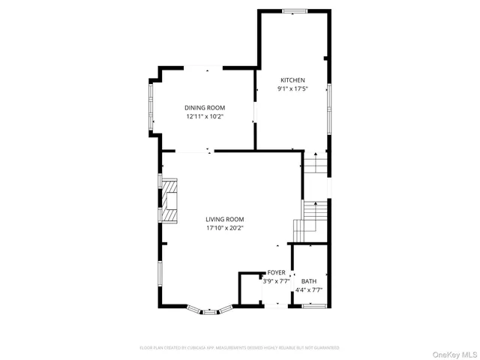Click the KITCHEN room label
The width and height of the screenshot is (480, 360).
pyautogui.click(x=292, y=80)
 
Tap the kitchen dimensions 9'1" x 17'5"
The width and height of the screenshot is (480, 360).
pyautogui.click(x=292, y=89)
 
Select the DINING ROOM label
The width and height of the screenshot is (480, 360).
pyautogui.click(x=205, y=108)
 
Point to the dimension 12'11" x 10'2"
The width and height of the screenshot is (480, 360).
pyautogui.click(x=205, y=117)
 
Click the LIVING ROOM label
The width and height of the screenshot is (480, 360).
pyautogui.click(x=225, y=219)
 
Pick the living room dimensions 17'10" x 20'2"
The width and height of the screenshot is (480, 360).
pyautogui.click(x=225, y=228)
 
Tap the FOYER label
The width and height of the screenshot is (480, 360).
pyautogui.click(x=276, y=273)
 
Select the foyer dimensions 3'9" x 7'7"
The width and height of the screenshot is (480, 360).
pyautogui.click(x=274, y=281)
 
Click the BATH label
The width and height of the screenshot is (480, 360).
pyautogui.click(x=308, y=281)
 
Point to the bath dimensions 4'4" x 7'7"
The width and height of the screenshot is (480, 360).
pyautogui.click(x=308, y=289)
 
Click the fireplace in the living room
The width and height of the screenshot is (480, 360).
pyautogui.click(x=171, y=201)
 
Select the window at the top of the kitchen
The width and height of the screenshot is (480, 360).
pyautogui.click(x=294, y=10)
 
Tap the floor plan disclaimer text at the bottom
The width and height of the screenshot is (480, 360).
pyautogui.click(x=239, y=348)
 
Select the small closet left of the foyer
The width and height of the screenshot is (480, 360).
pyautogui.click(x=249, y=289)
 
